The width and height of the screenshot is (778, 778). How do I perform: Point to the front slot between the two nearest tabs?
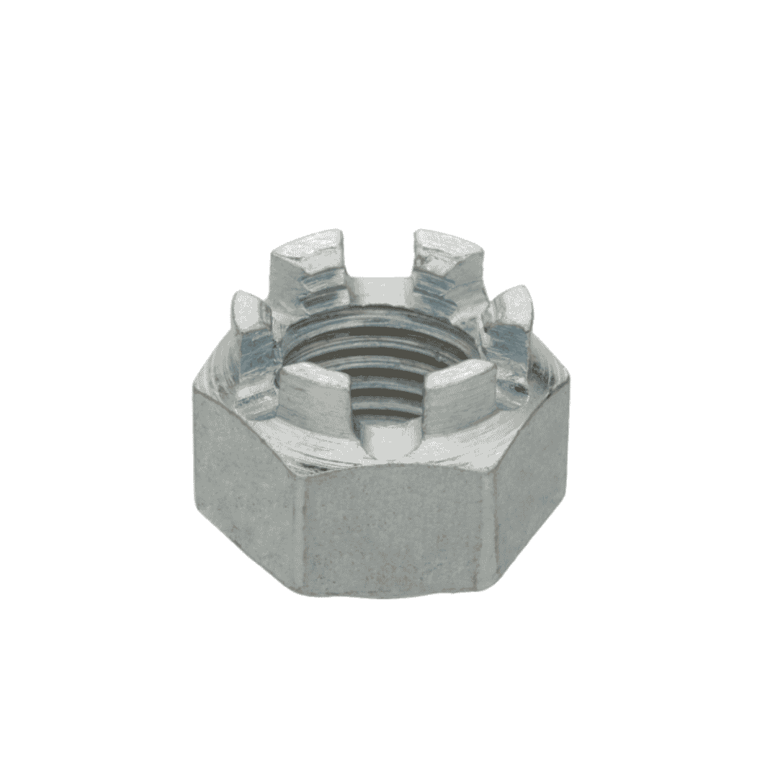click(389, 436)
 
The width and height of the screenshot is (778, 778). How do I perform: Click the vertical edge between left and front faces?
click(299, 526)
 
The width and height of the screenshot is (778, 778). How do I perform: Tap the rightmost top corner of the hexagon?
click(569, 378)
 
